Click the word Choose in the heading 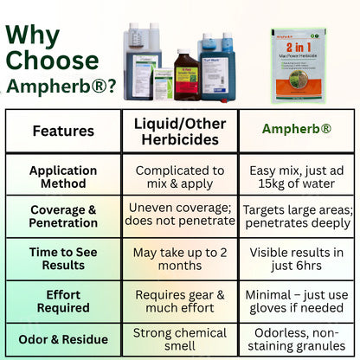click(52, 62)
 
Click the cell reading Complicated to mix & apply click(180, 177)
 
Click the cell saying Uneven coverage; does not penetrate click(180, 217)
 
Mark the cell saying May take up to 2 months click(180, 259)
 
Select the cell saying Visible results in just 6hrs click(297, 259)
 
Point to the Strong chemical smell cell click(180, 339)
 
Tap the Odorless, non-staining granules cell click(297, 339)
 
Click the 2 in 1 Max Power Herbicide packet click(297, 65)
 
